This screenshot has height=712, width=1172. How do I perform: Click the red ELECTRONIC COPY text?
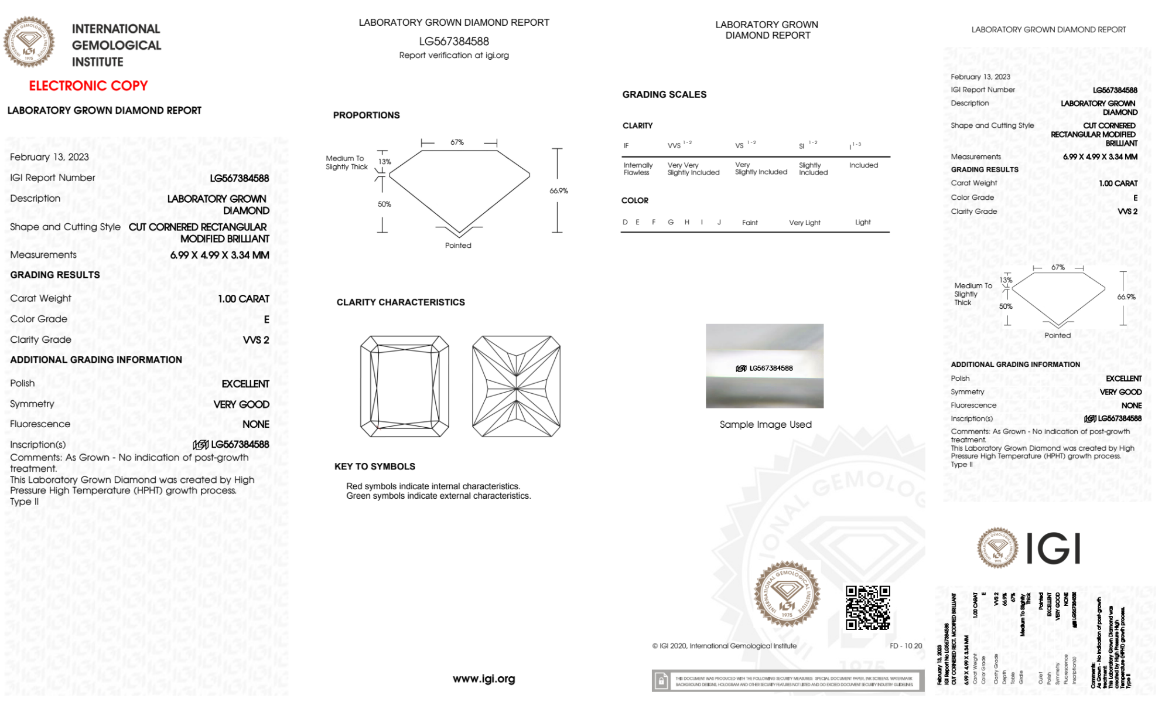88,86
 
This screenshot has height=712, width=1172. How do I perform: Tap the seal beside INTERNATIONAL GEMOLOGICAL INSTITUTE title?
29,42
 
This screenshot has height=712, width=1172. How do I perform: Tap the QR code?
868,607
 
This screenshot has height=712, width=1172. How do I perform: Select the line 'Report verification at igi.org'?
454,55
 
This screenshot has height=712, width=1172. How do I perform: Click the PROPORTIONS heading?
366,115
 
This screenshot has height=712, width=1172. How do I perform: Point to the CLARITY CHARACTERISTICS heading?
401,302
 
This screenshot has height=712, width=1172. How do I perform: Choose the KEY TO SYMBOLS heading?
375,466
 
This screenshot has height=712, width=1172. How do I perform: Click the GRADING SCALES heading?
664,94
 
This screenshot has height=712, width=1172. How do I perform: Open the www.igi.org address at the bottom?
484,679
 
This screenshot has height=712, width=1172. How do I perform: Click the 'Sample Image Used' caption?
766,424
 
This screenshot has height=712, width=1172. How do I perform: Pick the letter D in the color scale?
625,222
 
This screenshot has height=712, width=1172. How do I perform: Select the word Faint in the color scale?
750,223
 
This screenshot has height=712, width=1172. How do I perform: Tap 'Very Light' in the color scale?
805,223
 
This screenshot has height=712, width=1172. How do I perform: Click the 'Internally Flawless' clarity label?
638,169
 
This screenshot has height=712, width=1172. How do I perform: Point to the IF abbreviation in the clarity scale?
626,145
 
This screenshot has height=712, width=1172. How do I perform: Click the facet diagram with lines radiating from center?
516,387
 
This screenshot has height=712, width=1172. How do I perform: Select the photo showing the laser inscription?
764,366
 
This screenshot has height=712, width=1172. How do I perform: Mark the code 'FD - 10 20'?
906,646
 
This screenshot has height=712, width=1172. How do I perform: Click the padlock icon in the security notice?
661,681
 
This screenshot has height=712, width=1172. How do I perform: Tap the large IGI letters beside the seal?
1054,549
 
